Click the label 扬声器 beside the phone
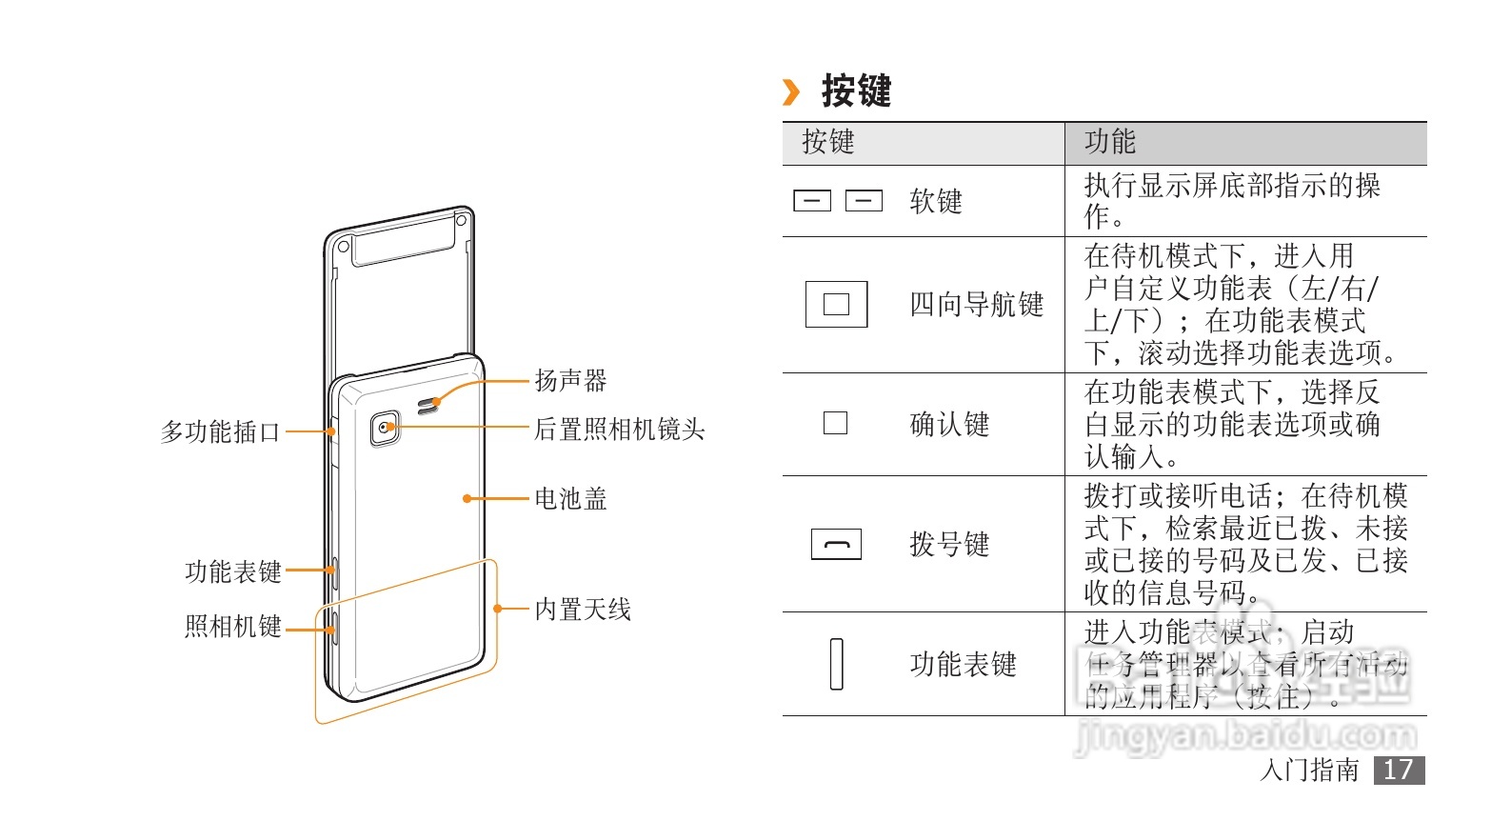pos(570,381)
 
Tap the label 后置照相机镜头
pos(619,430)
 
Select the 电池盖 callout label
pos(570,499)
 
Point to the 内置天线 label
pos(583,610)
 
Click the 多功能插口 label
pos(221,432)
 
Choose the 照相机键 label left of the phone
pos(233,627)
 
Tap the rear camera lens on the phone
pos(385,428)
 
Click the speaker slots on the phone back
pos(429,404)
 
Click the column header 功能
pos(1110,142)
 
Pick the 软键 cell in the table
pos(936,202)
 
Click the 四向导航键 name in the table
pos(977,305)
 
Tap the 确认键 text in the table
pos(949,425)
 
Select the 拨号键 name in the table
pos(949,545)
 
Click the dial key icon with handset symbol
pos(836,544)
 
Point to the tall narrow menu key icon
pos(837,664)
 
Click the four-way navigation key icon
pos(836,304)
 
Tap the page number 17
pos(1399,771)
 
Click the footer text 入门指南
pos(1310,771)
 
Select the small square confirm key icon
pos(835,423)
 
